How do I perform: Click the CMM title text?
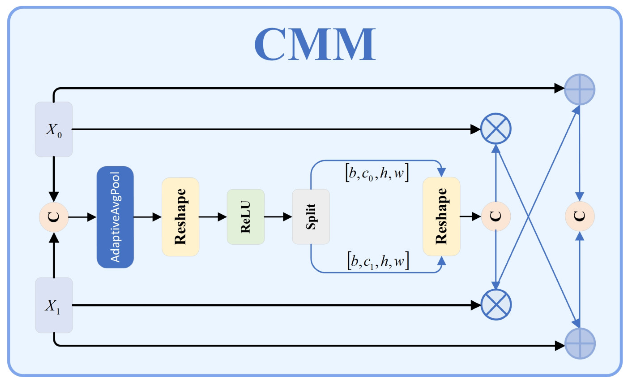coord(315,44)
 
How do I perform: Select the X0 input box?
coord(54,129)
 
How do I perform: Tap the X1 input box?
coord(54,305)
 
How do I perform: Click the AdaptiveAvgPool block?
coord(115,217)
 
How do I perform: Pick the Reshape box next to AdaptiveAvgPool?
coord(180,217)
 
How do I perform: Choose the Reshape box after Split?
coord(441,216)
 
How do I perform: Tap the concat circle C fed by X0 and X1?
coord(54,217)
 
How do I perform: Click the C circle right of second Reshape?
coord(496,216)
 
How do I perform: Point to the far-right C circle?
coord(580,216)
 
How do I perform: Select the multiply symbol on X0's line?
coord(496,129)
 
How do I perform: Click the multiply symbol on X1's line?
coord(496,305)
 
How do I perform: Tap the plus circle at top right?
coord(580,89)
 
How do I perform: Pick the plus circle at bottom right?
coord(580,343)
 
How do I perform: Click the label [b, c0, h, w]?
coord(377,173)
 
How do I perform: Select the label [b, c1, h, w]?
coord(378,261)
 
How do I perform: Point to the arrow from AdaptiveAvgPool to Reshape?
coord(147,217)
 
